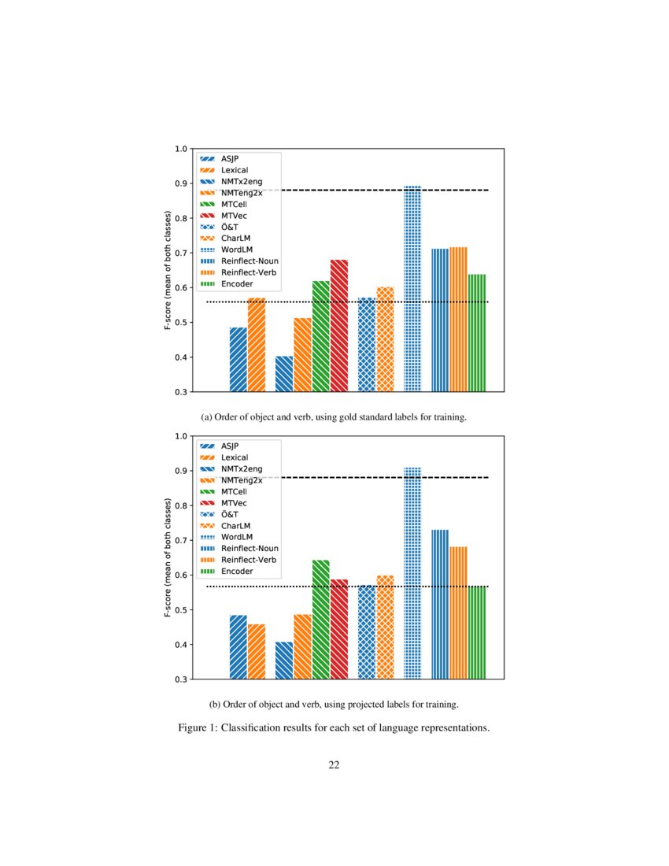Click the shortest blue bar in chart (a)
point(284,373)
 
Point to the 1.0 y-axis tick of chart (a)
point(180,149)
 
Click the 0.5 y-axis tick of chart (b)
point(180,610)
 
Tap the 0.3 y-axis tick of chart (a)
point(180,392)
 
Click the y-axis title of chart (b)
point(168,557)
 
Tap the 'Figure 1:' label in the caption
point(198,727)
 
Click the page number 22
point(334,764)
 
